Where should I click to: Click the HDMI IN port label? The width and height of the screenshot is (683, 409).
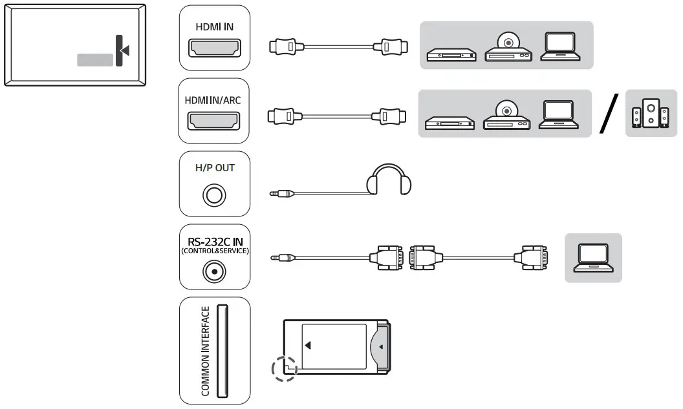214,27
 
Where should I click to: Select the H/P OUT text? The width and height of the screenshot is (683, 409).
215,167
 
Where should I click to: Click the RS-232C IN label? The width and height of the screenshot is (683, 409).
214,242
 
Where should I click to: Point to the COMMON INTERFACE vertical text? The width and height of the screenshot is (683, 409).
206,351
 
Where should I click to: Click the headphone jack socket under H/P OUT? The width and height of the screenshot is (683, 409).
214,194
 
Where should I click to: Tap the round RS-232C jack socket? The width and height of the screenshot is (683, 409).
214,272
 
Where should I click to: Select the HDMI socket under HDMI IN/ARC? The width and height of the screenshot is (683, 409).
214,121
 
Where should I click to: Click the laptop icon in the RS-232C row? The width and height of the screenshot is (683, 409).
593,257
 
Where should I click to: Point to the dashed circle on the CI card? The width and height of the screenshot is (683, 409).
285,370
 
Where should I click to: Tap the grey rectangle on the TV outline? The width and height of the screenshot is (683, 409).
95,59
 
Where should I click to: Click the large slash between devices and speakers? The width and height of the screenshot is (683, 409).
609,114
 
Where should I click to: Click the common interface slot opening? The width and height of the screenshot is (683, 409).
221,351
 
